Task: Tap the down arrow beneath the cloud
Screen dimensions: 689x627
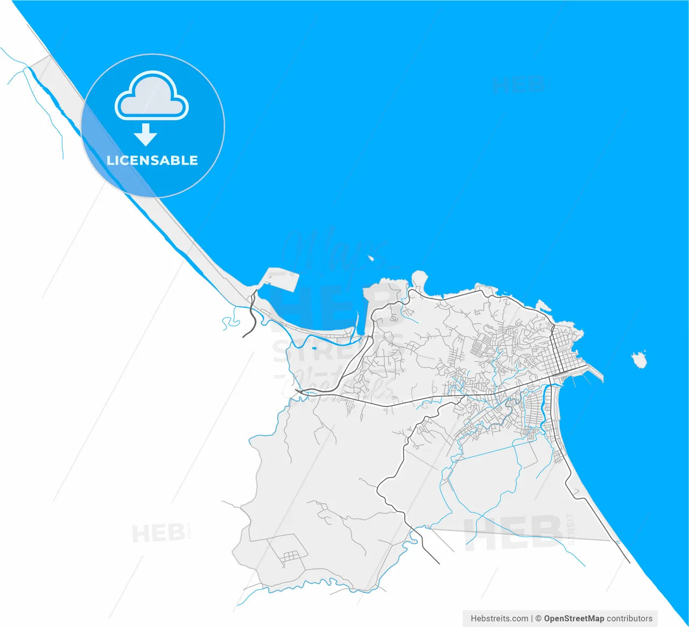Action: [x=145, y=135]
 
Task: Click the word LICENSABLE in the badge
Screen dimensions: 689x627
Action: [x=152, y=160]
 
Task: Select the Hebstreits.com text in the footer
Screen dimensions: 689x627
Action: [x=499, y=618]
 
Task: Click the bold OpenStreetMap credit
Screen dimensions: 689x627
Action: [x=574, y=618]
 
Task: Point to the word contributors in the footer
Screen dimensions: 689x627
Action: [x=629, y=618]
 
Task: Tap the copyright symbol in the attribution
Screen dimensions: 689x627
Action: [x=538, y=618]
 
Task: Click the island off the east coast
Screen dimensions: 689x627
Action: [x=639, y=359]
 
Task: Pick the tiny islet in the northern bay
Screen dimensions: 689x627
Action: [x=371, y=258]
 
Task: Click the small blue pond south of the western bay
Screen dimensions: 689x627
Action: [x=314, y=348]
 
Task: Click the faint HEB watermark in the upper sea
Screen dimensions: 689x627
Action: [x=518, y=85]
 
